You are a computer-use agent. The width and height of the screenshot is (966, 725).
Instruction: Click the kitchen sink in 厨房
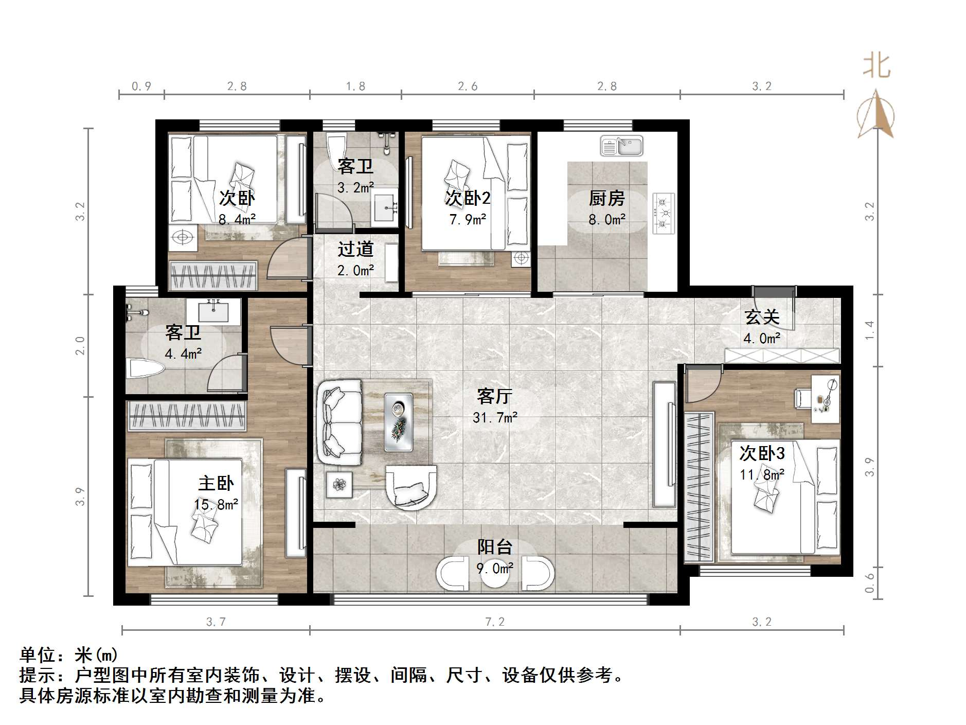point(621,146)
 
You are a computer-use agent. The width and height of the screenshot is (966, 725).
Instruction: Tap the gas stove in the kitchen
point(664,213)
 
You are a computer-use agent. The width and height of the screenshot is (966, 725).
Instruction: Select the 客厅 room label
point(494,396)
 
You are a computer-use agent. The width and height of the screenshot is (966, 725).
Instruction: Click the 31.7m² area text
point(495,417)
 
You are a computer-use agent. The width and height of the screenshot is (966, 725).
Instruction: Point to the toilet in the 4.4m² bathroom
point(144,368)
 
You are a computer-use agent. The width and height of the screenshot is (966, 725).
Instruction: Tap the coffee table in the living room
point(399,422)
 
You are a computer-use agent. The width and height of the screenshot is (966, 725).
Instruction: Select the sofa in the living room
point(340,423)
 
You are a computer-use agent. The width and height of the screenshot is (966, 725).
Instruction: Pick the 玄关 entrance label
point(762,317)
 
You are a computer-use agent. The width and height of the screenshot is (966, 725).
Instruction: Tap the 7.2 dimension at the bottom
point(495,622)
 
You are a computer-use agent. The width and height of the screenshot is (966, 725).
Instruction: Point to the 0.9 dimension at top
point(141,86)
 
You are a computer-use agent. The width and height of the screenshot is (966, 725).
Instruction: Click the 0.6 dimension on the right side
point(869,583)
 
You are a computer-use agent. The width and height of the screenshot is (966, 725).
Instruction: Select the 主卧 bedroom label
point(216,483)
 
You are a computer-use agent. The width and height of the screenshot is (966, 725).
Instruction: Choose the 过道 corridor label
point(355,250)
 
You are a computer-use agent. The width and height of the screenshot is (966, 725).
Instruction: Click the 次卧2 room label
point(468,198)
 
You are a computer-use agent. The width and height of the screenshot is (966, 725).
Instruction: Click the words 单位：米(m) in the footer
point(69,655)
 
